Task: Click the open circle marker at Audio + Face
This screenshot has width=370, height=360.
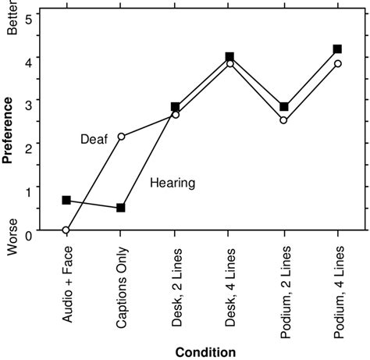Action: pos(66,230)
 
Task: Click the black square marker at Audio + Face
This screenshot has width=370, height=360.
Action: pos(66,200)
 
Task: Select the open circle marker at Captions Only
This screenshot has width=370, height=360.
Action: pos(121,136)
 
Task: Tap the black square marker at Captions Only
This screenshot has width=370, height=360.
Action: pos(121,208)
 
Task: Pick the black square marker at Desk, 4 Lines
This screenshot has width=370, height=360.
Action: pos(229,57)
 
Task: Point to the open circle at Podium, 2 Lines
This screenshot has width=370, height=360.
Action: pos(283,120)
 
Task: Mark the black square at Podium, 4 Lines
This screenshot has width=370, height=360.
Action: pos(337,49)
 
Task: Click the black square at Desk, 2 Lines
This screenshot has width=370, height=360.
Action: pos(175,107)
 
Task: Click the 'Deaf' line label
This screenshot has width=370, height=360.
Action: pos(94,139)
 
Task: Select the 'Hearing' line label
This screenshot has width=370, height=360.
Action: pos(173,183)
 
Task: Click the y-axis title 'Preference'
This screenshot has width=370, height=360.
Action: pos(7,129)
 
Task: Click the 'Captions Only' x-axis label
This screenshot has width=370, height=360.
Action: pos(121,280)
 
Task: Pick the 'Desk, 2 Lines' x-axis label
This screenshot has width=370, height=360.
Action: pos(175,279)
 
